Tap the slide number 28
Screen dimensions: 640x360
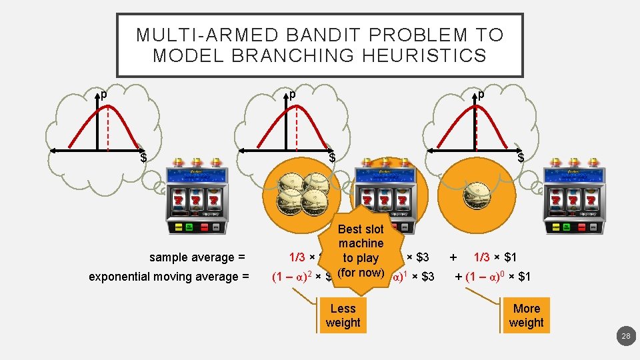click(625, 337)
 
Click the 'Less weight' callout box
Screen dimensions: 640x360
click(343, 315)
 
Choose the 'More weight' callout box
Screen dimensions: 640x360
click(526, 315)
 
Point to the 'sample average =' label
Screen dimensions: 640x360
click(197, 257)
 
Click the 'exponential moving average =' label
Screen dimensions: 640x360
click(169, 276)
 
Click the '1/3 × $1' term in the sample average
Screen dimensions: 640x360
click(495, 257)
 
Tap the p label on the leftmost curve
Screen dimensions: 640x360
click(103, 95)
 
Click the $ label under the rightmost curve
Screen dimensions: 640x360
click(521, 157)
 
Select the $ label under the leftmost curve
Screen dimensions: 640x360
click(143, 157)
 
